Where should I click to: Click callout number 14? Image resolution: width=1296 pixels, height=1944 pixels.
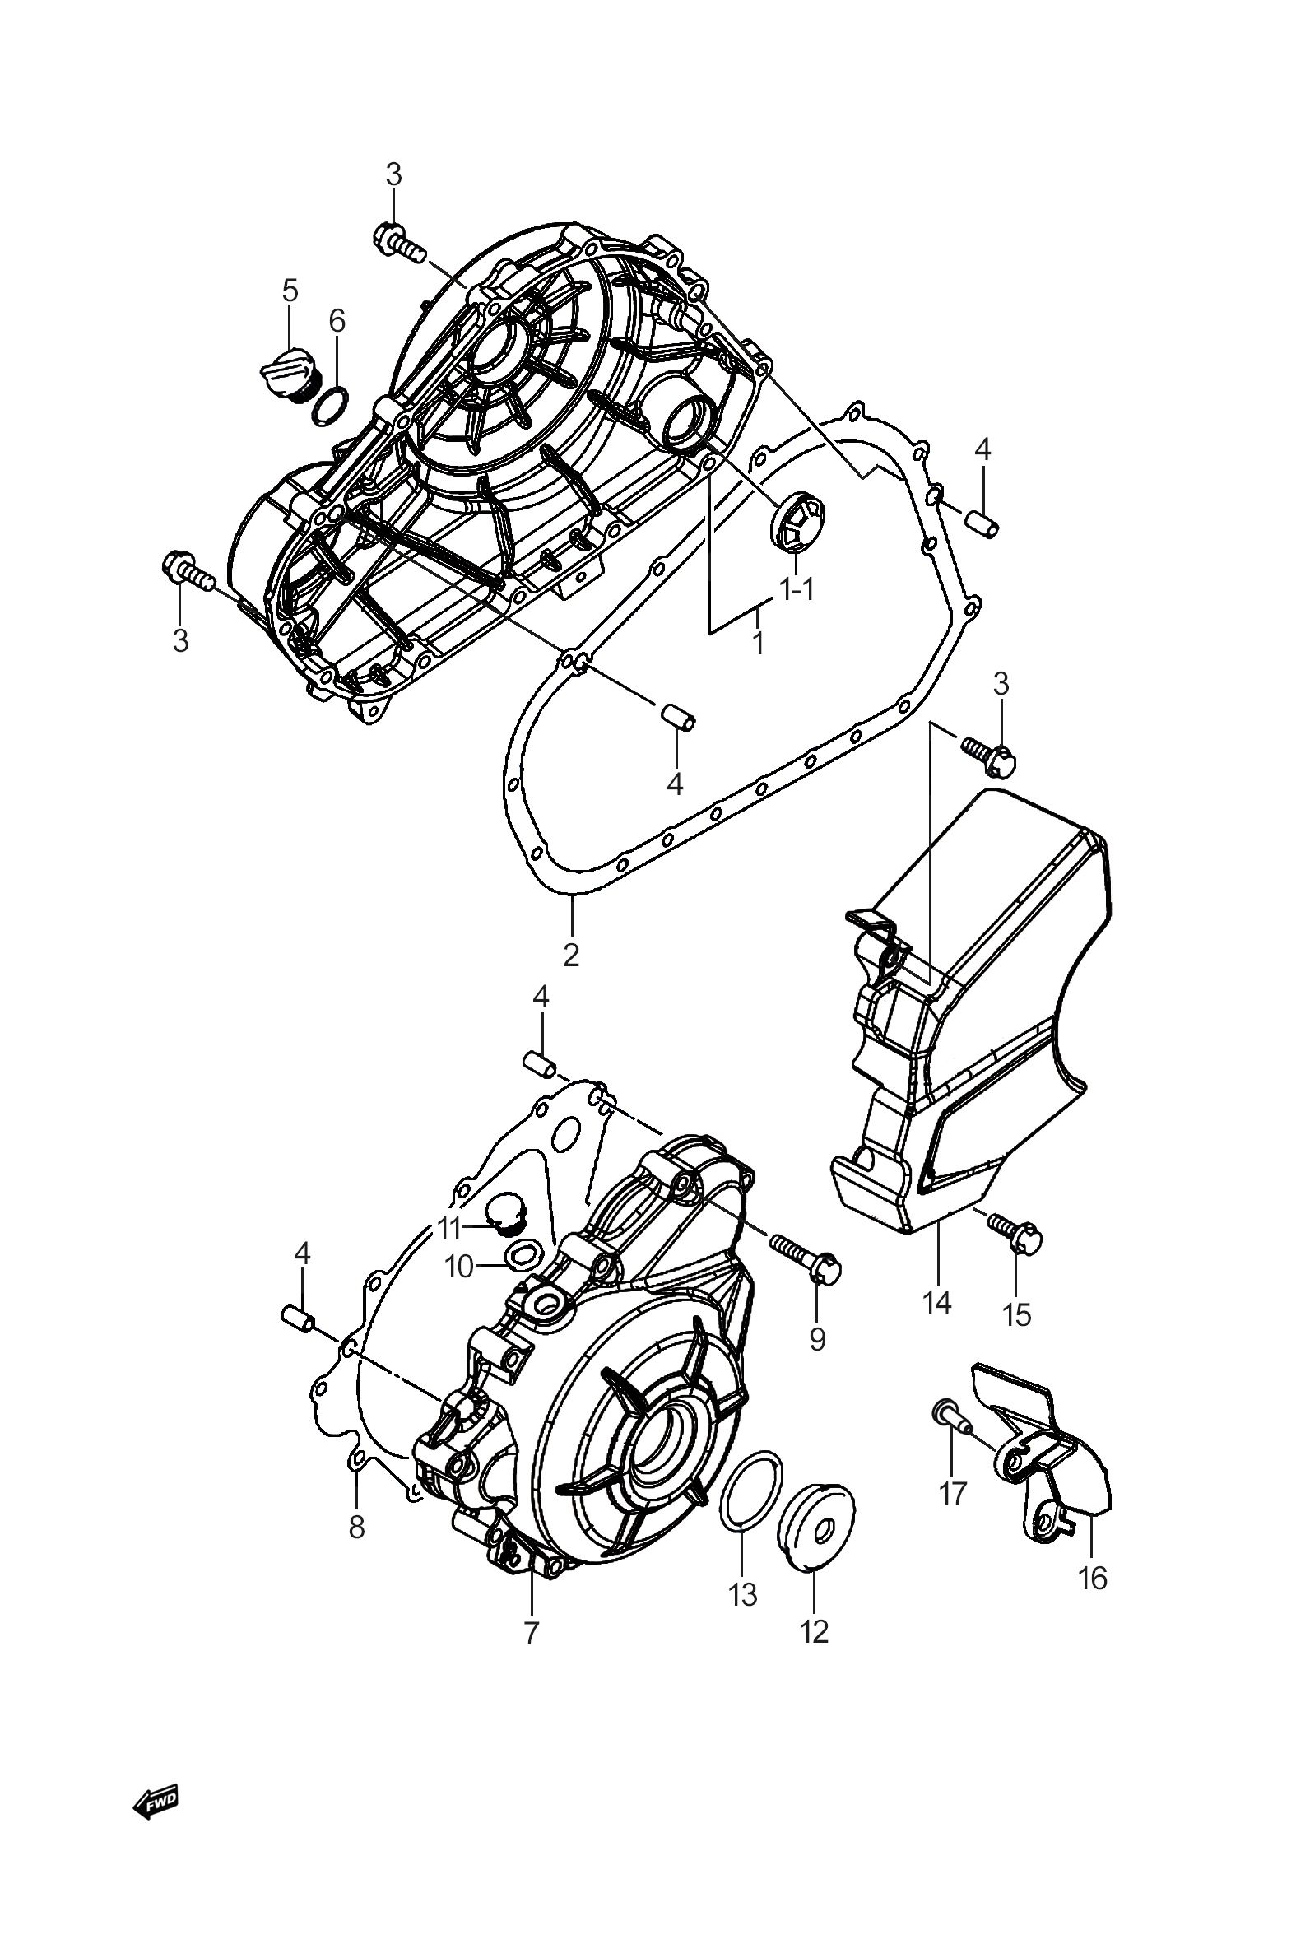point(937,1303)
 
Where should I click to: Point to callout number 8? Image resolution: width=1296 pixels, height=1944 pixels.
point(356,1527)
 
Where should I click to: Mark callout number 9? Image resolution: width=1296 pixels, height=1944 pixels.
point(816,1338)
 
